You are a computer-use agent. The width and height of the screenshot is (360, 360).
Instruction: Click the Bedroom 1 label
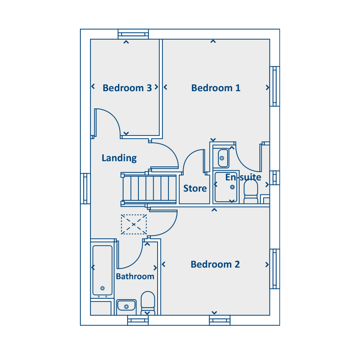216,88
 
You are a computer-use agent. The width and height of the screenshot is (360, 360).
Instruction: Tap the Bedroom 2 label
215,264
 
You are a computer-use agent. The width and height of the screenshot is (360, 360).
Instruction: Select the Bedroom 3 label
127,88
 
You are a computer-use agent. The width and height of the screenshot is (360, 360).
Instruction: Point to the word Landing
119,158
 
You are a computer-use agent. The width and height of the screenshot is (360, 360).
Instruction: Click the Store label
195,188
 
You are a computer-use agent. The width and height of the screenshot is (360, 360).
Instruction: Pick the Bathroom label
135,276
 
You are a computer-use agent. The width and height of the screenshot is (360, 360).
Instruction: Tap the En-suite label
243,177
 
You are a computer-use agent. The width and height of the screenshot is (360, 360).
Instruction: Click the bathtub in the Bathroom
102,270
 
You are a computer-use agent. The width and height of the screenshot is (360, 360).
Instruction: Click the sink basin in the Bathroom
126,306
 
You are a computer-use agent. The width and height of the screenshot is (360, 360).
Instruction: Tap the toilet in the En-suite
251,192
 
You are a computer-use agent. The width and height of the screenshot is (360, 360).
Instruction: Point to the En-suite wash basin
222,158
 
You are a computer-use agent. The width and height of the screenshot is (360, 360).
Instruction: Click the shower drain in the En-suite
232,187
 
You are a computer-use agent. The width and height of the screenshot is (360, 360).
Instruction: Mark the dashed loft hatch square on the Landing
134,224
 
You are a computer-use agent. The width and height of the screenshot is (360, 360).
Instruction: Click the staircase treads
150,188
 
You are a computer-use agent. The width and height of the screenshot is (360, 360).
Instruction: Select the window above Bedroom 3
133,34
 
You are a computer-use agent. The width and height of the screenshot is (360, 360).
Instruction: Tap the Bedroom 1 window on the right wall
274,86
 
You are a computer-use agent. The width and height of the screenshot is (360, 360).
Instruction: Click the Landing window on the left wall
85,188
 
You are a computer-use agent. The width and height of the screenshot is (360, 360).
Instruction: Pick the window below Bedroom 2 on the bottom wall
220,320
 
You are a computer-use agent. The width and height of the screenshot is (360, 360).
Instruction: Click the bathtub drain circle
103,288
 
